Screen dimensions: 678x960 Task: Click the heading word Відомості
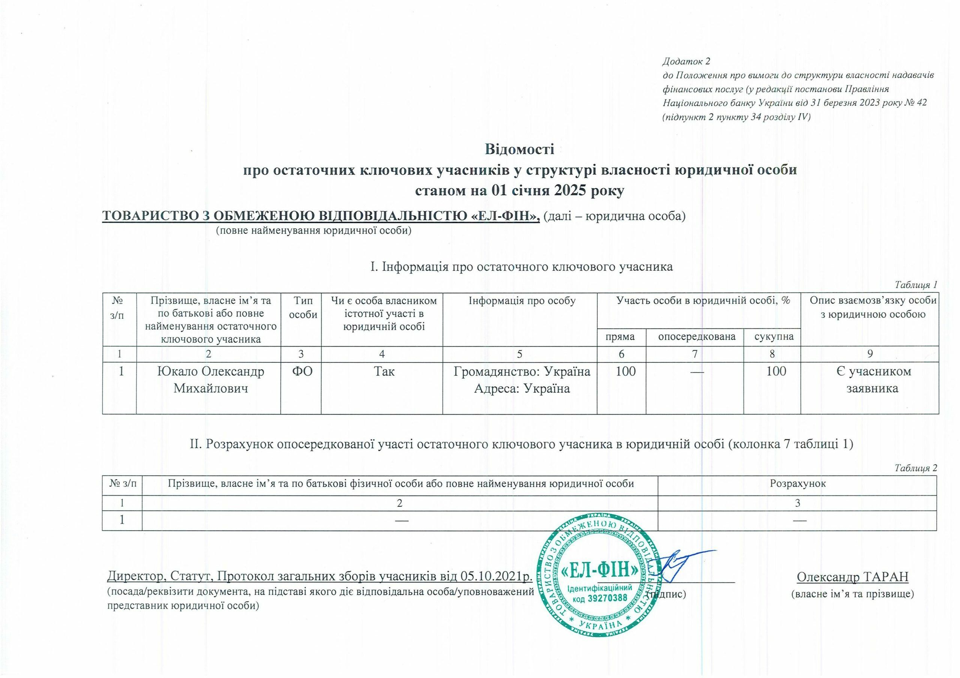click(519, 149)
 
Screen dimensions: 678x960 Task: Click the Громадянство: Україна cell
click(522, 371)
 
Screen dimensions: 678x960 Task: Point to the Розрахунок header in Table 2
click(798, 484)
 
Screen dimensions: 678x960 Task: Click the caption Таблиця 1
click(920, 285)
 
